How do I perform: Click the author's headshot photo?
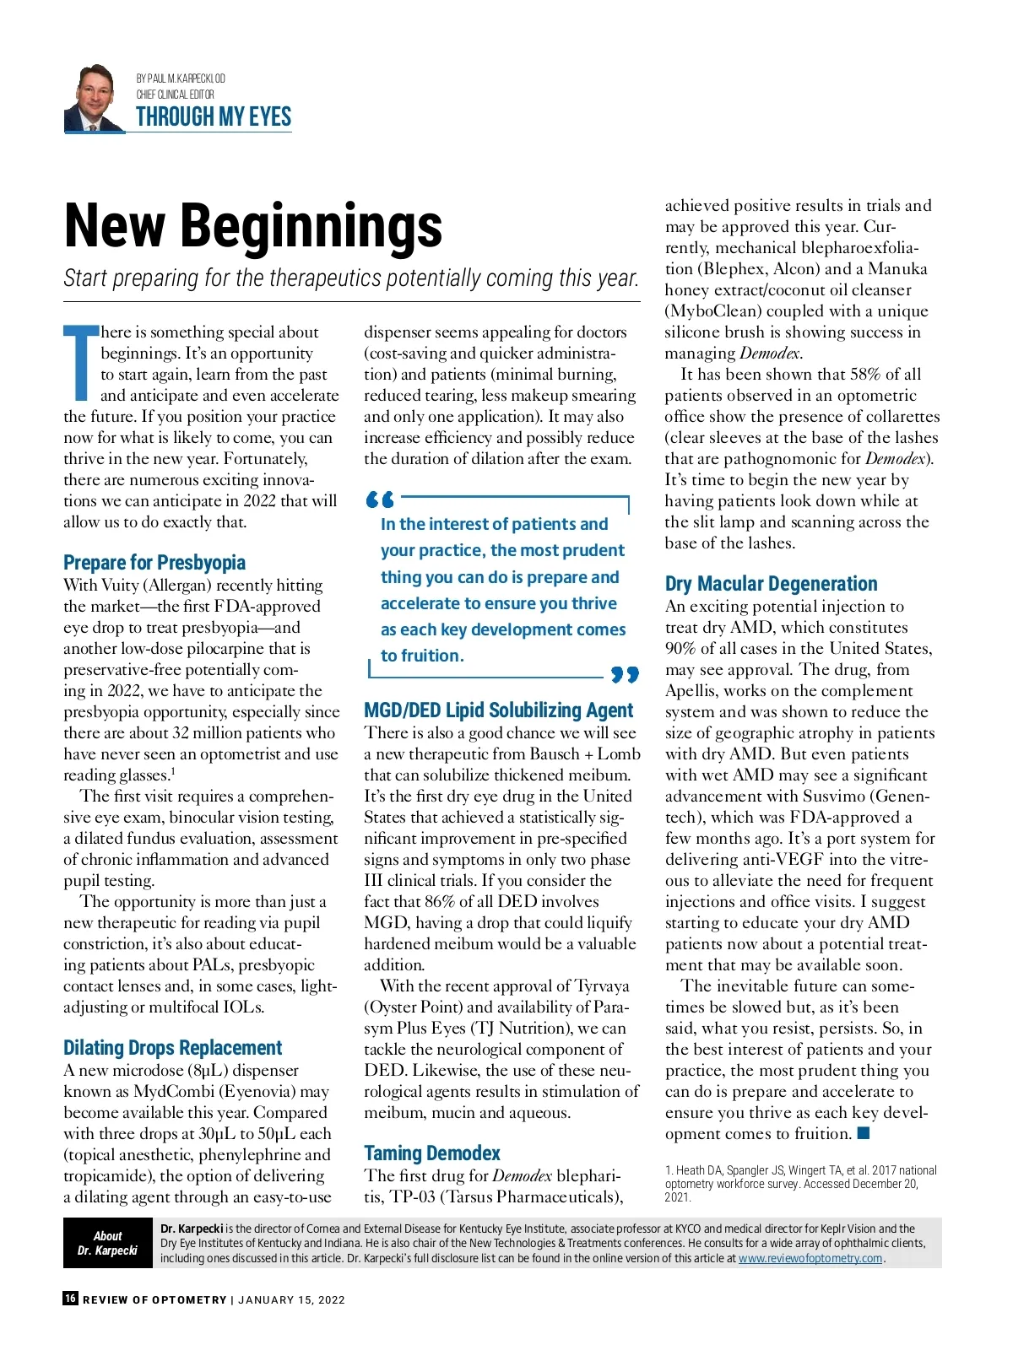tap(95, 98)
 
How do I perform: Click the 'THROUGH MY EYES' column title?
tap(214, 117)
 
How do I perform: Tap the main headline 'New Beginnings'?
tap(253, 226)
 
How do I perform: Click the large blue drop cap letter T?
tap(81, 362)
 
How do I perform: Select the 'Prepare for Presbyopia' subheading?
tap(154, 562)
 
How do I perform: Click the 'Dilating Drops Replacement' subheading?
tap(173, 1047)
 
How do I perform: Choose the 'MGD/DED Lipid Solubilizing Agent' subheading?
tap(498, 710)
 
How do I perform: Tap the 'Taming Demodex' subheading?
tap(432, 1153)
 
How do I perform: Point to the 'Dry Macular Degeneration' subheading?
tap(771, 583)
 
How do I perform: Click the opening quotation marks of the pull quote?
tap(380, 500)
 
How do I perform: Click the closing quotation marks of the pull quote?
tap(625, 674)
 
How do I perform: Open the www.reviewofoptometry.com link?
tap(810, 1258)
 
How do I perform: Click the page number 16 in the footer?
tap(71, 1299)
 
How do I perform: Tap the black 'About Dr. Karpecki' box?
tap(107, 1243)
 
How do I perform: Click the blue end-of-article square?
tap(864, 1133)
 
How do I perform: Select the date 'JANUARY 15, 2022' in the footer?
tap(292, 1299)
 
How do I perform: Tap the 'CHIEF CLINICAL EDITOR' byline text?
tap(176, 95)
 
